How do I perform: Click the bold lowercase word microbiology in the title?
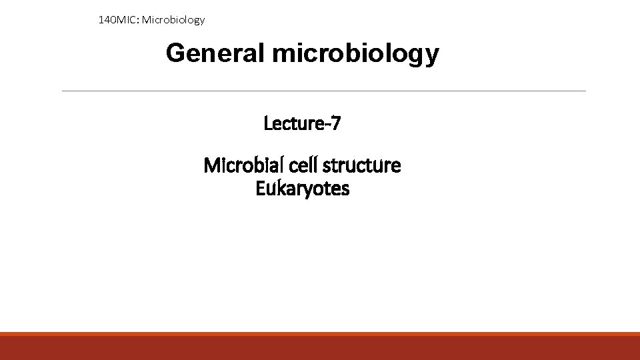pyautogui.click(x=355, y=54)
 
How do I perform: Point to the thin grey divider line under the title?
pyautogui.click(x=323, y=91)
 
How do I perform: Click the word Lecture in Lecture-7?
pyautogui.click(x=293, y=123)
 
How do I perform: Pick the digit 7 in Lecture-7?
pyautogui.click(x=337, y=123)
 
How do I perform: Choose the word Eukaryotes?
pyautogui.click(x=302, y=189)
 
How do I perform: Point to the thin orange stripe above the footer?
pyautogui.click(x=320, y=333)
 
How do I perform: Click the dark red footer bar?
pyautogui.click(x=320, y=348)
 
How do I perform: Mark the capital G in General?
pyautogui.click(x=176, y=53)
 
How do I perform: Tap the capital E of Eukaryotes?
pyautogui.click(x=260, y=189)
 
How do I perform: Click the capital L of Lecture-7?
pyautogui.click(x=268, y=123)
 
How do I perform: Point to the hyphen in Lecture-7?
pyautogui.click(x=327, y=125)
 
